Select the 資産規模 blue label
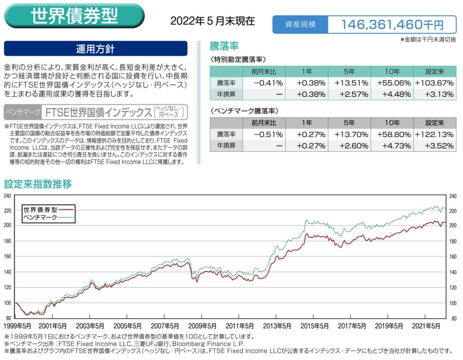299,24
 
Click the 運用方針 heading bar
95,49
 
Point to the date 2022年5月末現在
213,21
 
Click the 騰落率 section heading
224,46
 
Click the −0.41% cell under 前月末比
268,83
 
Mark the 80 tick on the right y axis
453,318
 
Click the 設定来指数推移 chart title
38,184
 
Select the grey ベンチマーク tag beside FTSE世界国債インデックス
23,112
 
